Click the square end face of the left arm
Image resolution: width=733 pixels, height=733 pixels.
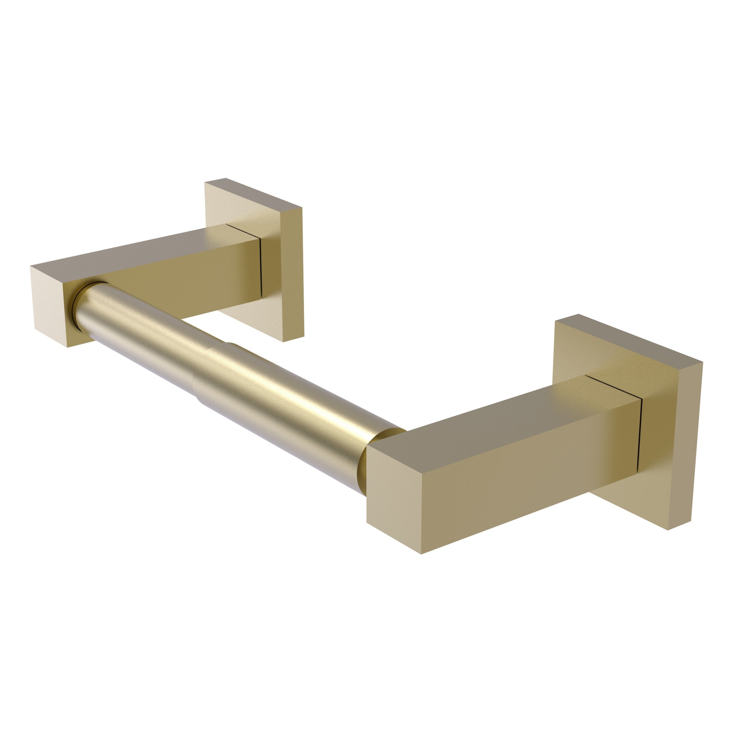[x=51, y=303]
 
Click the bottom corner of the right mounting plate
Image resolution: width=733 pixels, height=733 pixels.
[x=668, y=530]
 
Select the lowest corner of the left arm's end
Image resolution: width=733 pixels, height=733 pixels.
[x=67, y=347]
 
